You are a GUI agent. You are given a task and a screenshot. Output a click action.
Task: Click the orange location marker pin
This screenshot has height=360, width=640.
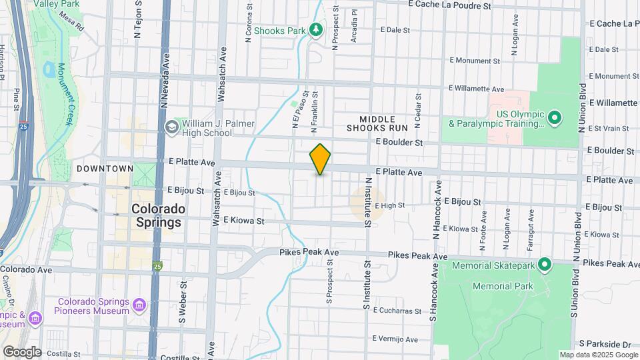pyautogui.click(x=321, y=159)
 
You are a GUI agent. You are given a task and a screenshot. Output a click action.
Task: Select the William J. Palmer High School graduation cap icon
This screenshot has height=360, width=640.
pyautogui.click(x=171, y=127)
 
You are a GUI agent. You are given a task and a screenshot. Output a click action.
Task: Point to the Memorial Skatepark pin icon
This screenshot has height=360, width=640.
pyautogui.click(x=545, y=265)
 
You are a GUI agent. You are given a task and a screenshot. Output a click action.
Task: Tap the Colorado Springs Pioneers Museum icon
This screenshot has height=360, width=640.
pyautogui.click(x=139, y=306)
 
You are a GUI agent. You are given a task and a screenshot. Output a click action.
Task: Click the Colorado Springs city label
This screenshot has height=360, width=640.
pyautogui.click(x=157, y=215)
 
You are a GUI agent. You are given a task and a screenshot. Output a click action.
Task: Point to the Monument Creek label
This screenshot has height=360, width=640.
pyautogui.click(x=67, y=94)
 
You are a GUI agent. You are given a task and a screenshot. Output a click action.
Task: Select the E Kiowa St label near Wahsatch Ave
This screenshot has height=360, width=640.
pyautogui.click(x=243, y=220)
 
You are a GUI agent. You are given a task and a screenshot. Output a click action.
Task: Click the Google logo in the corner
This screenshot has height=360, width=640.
pyautogui.click(x=21, y=351)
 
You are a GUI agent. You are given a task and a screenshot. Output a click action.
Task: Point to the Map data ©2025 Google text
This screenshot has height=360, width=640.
pyautogui.click(x=598, y=355)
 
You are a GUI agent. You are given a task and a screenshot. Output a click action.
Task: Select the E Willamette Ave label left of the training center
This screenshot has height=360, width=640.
pyautogui.click(x=477, y=88)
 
